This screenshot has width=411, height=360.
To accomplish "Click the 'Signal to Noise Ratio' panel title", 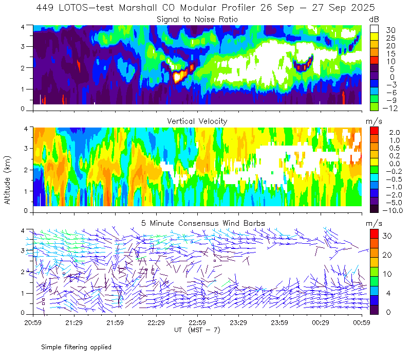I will [197, 20].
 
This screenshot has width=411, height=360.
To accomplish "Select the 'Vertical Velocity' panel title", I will [197, 121].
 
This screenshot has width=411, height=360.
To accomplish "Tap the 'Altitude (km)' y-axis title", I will [8, 178].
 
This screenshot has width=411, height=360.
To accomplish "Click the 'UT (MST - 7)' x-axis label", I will [197, 330].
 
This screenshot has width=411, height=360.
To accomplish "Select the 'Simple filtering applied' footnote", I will [77, 347].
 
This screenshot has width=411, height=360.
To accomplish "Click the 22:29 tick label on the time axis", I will [156, 322].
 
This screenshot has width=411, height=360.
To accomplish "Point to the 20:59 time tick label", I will [33, 322].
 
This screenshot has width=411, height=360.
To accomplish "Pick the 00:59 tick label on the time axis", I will [361, 322].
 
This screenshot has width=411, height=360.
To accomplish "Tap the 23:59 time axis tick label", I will [279, 322].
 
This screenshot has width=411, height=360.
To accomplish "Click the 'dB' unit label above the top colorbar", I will [374, 19].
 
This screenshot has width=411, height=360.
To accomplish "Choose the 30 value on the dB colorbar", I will [390, 30].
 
